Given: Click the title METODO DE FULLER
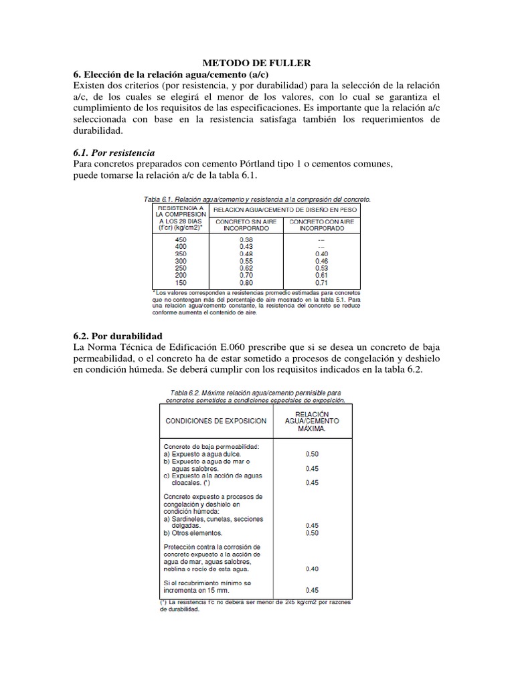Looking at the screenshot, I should point(257,63).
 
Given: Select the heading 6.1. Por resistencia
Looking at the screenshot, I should point(112,152).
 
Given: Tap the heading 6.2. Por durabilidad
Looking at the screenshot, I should point(116,335).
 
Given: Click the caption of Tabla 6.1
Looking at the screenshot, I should point(257,199).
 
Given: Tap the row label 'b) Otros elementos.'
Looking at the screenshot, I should point(195,533).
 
